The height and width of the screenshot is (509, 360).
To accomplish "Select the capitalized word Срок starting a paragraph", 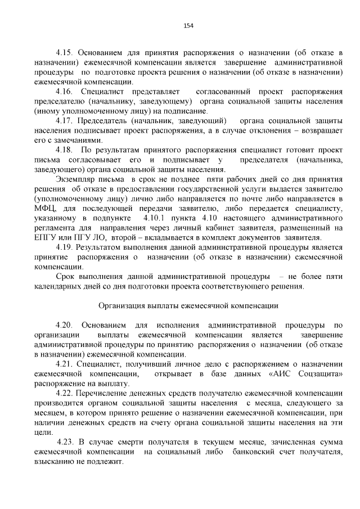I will (x=66, y=277).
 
